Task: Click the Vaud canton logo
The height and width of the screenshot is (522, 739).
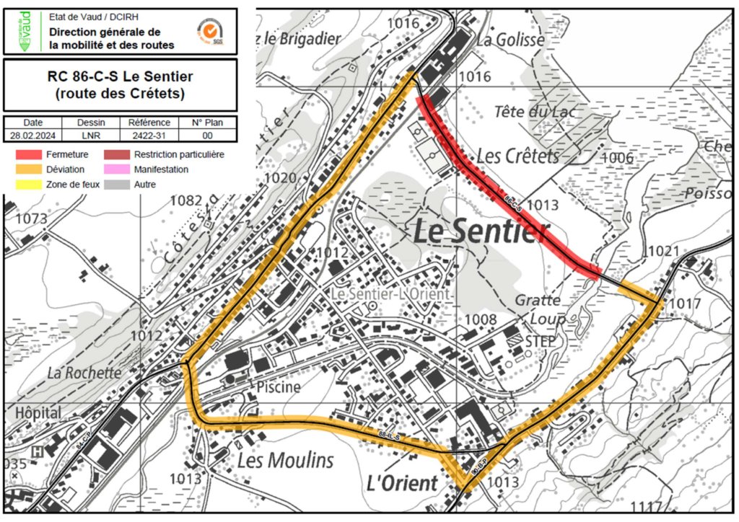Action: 25,30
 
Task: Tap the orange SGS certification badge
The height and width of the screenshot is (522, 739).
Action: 210,30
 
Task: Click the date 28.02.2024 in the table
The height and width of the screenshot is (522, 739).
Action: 32,135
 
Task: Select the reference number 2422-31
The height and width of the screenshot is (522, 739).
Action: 149,135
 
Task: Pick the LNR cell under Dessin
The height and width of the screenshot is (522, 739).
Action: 91,135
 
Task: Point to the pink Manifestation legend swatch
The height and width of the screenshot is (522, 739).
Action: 118,169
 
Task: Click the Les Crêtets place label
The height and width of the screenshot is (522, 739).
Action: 518,156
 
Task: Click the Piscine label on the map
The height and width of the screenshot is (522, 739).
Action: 278,387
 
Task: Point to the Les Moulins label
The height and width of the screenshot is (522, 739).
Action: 286,460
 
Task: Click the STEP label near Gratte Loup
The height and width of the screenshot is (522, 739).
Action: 541,340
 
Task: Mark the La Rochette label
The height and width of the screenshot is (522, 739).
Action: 84,373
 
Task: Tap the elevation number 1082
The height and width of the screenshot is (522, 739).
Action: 186,200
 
